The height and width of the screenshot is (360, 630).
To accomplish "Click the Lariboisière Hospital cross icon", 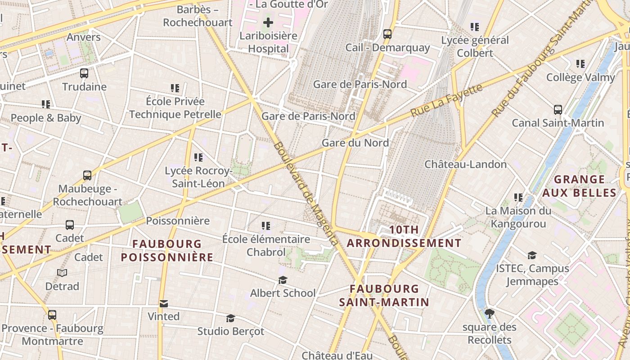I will pyautogui.click(x=268, y=22).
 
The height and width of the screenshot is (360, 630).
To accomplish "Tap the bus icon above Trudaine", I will pyautogui.click(x=84, y=73).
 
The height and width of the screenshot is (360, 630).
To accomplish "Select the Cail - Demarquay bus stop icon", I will pyautogui.click(x=387, y=34).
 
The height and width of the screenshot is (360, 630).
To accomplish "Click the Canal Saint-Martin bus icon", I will pyautogui.click(x=558, y=109).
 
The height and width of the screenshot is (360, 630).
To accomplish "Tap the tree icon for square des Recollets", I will pyautogui.click(x=490, y=313).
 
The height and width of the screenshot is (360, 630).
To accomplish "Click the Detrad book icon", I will pyautogui.click(x=62, y=273).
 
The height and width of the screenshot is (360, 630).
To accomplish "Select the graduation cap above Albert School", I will pyautogui.click(x=283, y=280).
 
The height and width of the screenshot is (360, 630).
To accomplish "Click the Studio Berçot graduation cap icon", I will pyautogui.click(x=231, y=318).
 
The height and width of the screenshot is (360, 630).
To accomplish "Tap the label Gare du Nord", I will pyautogui.click(x=355, y=143).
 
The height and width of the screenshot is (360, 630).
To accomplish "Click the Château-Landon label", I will pyautogui.click(x=465, y=164).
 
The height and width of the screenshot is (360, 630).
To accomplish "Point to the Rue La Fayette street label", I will pyautogui.click(x=447, y=100).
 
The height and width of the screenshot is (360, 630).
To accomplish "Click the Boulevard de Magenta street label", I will pyautogui.click(x=306, y=193).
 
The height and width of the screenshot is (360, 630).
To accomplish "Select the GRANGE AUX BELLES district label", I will pyautogui.click(x=579, y=186).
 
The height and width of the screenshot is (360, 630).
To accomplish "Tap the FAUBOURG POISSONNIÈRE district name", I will pyautogui.click(x=167, y=251).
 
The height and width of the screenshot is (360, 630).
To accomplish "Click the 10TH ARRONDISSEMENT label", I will pyautogui.click(x=404, y=237).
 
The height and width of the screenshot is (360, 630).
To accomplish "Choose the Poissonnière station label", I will pyautogui.click(x=178, y=220).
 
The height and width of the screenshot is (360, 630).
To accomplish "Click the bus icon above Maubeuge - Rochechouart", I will pyautogui.click(x=87, y=175).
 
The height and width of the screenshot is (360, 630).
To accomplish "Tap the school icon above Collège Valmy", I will pyautogui.click(x=580, y=64).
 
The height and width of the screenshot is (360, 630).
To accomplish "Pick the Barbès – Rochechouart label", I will pyautogui.click(x=198, y=16).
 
